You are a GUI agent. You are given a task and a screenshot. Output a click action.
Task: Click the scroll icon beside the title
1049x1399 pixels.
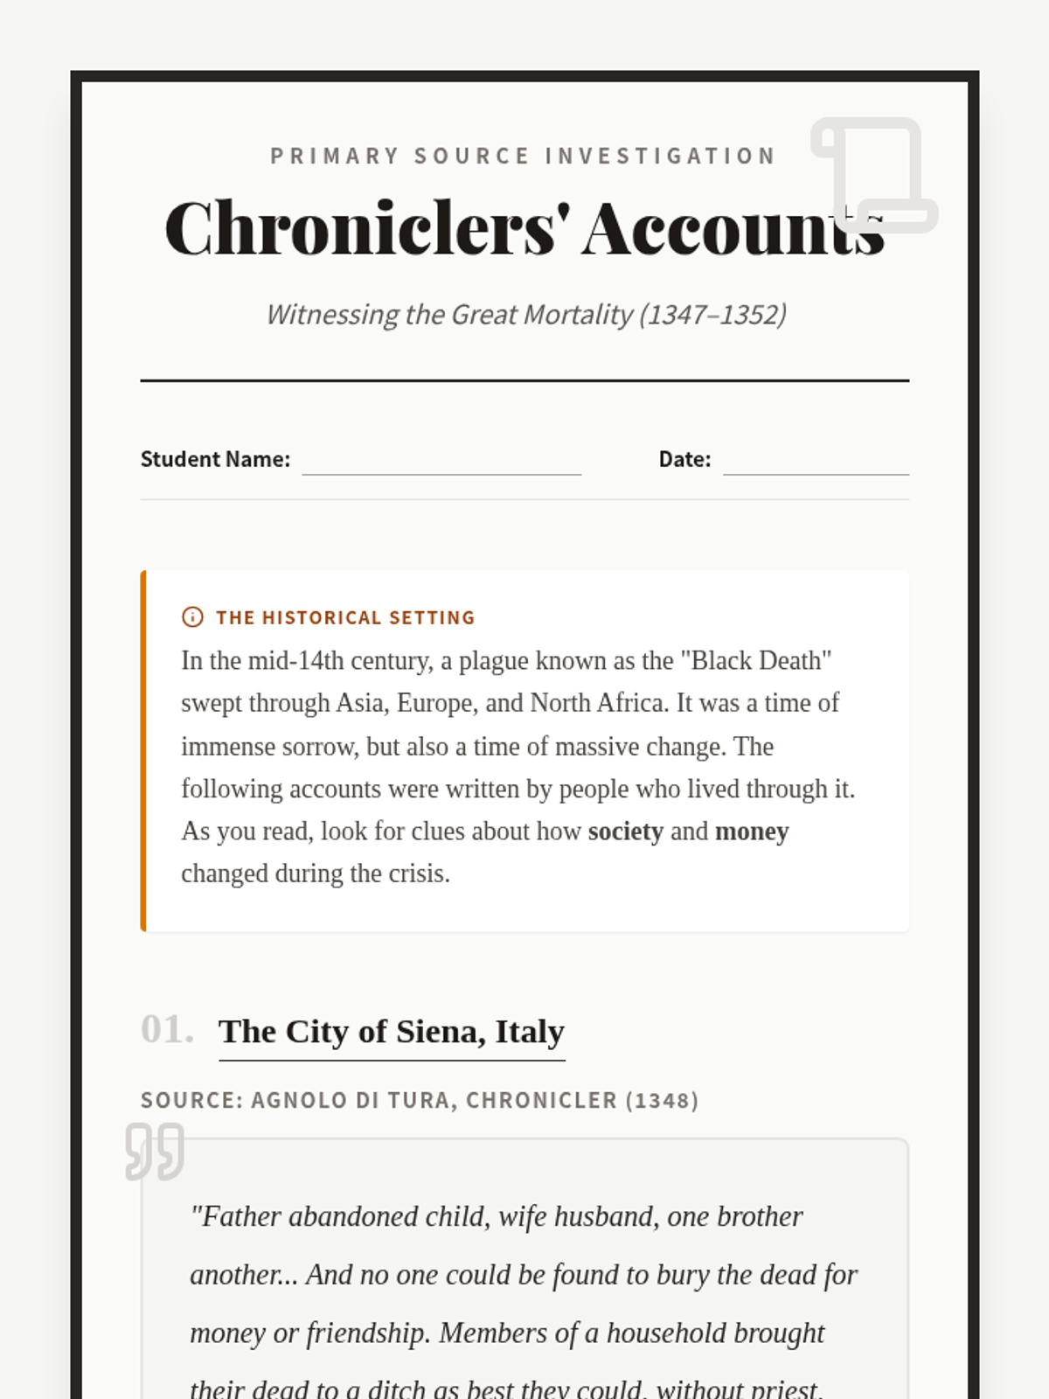874,175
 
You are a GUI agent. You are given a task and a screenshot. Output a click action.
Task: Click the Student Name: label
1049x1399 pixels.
215,459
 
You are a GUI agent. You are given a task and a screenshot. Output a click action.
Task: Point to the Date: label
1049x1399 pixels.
684,459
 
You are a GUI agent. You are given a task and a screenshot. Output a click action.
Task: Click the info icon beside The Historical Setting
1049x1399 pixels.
192,617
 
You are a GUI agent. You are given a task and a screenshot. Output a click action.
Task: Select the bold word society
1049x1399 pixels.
625,832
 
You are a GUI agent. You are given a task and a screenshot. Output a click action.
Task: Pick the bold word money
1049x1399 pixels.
752,832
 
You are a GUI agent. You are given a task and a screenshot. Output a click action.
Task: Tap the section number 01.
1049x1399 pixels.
167,1030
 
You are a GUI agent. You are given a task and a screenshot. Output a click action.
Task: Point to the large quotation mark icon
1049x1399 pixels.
155,1151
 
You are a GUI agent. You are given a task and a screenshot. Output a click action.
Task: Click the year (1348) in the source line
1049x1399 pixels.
662,1100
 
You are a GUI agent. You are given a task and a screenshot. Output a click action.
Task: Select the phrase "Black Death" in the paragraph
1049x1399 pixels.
761,660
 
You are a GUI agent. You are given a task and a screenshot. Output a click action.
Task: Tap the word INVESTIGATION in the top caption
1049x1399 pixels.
660,156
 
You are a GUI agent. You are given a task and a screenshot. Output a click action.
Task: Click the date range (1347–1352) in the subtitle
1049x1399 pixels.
712,314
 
